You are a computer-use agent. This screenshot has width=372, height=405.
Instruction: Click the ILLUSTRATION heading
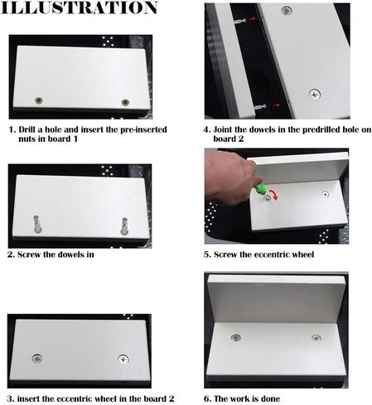[79, 7]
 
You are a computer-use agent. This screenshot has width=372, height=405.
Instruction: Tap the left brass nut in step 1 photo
[39, 100]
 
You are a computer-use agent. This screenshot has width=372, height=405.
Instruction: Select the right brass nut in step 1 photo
[125, 102]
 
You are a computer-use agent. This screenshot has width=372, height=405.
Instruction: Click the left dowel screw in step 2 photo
[37, 224]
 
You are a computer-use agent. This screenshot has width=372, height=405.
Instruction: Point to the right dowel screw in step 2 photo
[124, 227]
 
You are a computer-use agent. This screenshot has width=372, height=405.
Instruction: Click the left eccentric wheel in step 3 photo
[36, 359]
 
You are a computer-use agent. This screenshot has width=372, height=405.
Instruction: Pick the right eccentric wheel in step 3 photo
[123, 359]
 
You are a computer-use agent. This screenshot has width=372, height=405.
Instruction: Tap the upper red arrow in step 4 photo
[253, 19]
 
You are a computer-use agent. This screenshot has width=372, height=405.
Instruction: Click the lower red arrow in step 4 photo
[277, 105]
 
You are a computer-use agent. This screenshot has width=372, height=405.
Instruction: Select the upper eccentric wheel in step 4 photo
[287, 11]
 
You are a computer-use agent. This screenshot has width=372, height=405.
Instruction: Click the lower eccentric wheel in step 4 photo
[314, 95]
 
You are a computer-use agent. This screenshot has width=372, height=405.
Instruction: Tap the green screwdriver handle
[259, 188]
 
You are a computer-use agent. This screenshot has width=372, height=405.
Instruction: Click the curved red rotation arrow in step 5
[275, 193]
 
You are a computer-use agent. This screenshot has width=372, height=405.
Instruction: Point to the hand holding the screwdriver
[229, 178]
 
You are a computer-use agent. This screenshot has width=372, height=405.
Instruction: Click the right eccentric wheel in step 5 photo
[326, 194]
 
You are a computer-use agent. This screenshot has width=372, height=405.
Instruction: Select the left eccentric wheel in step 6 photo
[235, 338]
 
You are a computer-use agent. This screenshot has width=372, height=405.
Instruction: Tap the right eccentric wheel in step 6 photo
[316, 338]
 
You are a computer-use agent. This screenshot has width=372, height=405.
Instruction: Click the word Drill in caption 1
[27, 129]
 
